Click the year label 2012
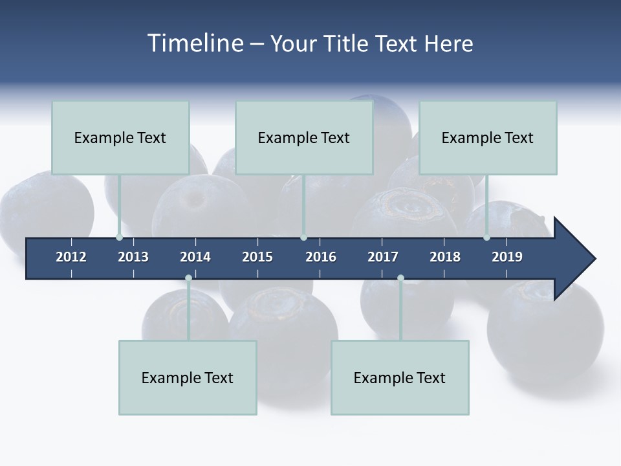click(x=71, y=257)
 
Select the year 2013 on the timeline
click(x=133, y=257)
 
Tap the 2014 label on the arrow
click(x=195, y=257)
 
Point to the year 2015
click(x=257, y=257)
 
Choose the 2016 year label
click(x=321, y=257)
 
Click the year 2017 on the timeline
click(x=383, y=257)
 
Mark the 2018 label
click(x=445, y=257)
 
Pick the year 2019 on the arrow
click(x=507, y=257)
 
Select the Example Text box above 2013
click(x=120, y=137)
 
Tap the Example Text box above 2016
click(x=304, y=137)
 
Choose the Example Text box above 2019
click(x=488, y=137)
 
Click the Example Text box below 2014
click(x=188, y=377)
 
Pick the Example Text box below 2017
click(x=400, y=377)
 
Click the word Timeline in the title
click(x=195, y=43)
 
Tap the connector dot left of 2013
click(x=119, y=238)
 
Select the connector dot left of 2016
click(x=303, y=238)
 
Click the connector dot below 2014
click(x=188, y=278)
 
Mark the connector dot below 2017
click(x=400, y=278)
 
